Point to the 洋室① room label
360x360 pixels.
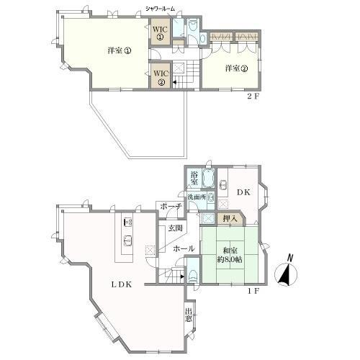pos(119,51)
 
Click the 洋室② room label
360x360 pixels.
pos(236,69)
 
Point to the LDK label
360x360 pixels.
pos(120,284)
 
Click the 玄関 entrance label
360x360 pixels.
pos(176,228)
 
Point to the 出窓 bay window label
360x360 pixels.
pos(189,314)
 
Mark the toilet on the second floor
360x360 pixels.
pos(192,28)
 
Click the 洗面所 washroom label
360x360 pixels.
pos(197,197)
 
